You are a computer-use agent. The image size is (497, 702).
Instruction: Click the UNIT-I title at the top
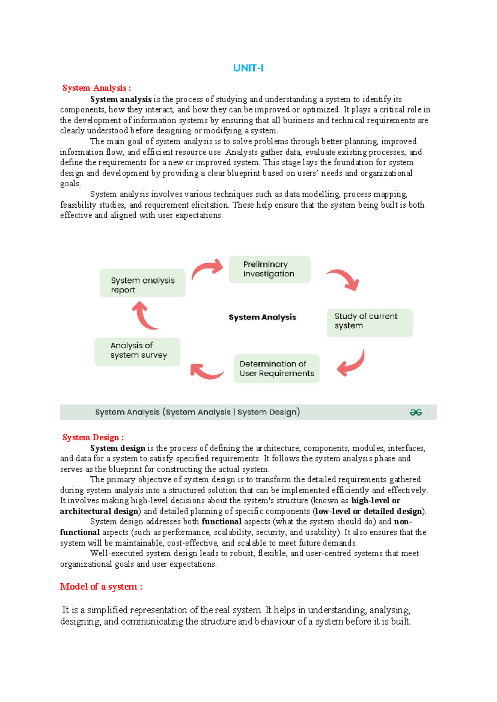tap(248, 68)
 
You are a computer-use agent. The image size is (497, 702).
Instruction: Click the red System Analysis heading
tap(97, 88)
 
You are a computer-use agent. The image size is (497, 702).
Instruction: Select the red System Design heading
tap(93, 437)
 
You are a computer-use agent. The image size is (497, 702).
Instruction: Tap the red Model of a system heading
tap(101, 587)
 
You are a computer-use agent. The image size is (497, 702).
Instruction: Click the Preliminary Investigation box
tap(269, 269)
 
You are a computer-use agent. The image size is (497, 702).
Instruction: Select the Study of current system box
tap(369, 322)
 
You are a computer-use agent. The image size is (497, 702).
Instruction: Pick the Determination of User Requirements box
tap(277, 368)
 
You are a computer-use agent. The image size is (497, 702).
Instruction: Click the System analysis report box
tap(142, 285)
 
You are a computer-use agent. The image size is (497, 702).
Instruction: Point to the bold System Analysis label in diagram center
tap(262, 317)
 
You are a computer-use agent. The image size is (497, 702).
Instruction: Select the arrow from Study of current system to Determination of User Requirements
tap(352, 363)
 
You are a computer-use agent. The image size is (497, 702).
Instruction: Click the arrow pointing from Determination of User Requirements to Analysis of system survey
tap(205, 371)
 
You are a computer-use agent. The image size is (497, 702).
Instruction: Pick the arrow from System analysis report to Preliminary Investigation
tap(207, 269)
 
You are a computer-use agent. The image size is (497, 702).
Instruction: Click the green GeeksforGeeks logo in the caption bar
tap(415, 412)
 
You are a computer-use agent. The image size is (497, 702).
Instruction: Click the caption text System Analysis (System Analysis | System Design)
tap(198, 412)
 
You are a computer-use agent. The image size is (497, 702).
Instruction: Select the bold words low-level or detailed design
tap(369, 511)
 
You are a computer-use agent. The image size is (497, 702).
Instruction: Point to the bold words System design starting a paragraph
tap(118, 448)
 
